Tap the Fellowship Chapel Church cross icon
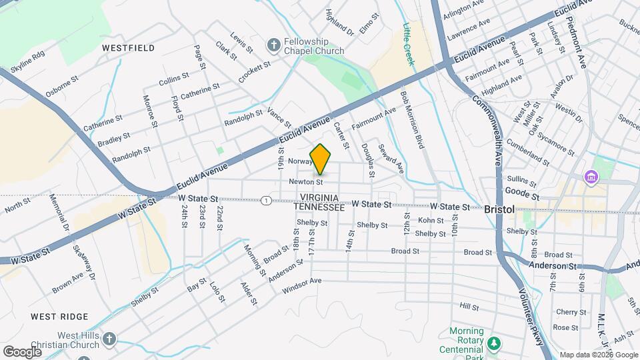(273, 45)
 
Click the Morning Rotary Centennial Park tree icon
(494, 343)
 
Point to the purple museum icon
(590, 178)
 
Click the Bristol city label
(499, 209)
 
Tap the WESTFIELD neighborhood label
(128, 48)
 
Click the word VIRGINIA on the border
(324, 198)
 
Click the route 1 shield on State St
(266, 201)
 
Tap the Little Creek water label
(408, 45)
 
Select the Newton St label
(306, 181)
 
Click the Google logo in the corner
(22, 351)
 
